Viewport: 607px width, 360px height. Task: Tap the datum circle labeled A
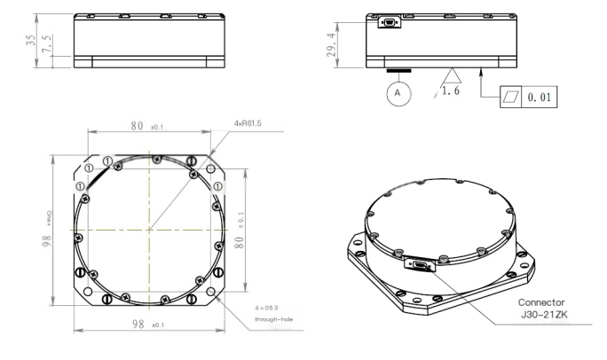(398, 92)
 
